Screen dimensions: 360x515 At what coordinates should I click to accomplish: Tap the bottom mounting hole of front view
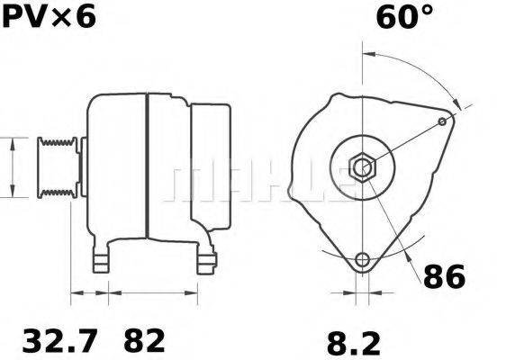click(363, 261)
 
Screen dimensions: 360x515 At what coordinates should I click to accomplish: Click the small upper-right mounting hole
click(443, 120)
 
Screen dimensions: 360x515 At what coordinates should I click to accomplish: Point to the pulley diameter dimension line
click(10, 167)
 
